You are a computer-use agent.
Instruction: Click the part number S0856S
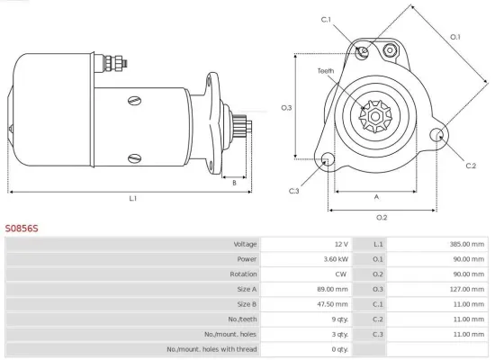22,229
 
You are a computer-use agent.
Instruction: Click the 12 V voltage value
340,244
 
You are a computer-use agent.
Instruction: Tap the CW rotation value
340,274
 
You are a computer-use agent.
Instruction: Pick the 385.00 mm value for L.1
467,244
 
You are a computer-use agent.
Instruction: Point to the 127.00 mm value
467,289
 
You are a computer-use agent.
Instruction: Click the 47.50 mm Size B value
333,304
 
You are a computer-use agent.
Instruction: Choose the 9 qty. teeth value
338,319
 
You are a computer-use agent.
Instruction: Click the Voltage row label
245,244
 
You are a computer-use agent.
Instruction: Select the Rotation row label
243,274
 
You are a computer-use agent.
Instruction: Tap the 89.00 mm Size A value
333,289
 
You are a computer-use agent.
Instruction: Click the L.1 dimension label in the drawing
132,198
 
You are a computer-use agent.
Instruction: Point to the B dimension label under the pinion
234,183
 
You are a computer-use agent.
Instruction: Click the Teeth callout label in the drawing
326,71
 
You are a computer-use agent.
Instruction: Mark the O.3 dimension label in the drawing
286,108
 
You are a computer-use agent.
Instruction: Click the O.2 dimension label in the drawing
381,217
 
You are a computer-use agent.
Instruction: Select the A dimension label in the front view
375,197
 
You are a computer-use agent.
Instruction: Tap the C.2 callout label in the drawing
471,166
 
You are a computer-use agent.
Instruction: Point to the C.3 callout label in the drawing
294,191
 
